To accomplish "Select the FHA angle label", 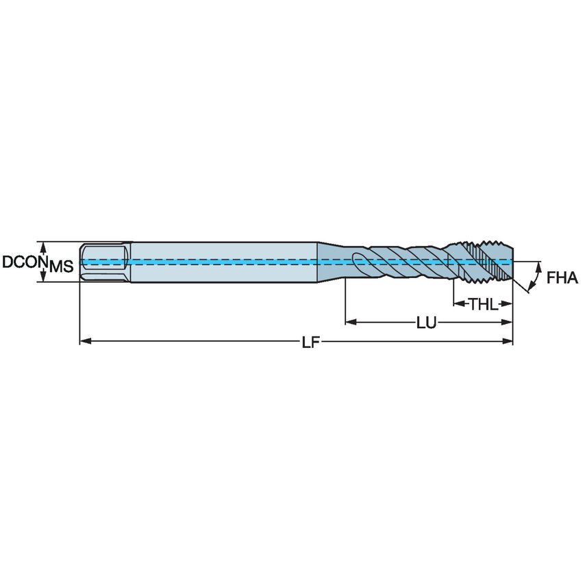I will pos(562,278).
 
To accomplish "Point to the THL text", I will pos(483,304).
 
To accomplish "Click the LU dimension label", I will pos(427,322).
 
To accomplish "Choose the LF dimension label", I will pos(310,342).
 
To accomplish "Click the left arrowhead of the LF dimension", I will pos(84,340).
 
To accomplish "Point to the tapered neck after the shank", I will pos(329,261).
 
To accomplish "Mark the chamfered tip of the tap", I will pos(508,262).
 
